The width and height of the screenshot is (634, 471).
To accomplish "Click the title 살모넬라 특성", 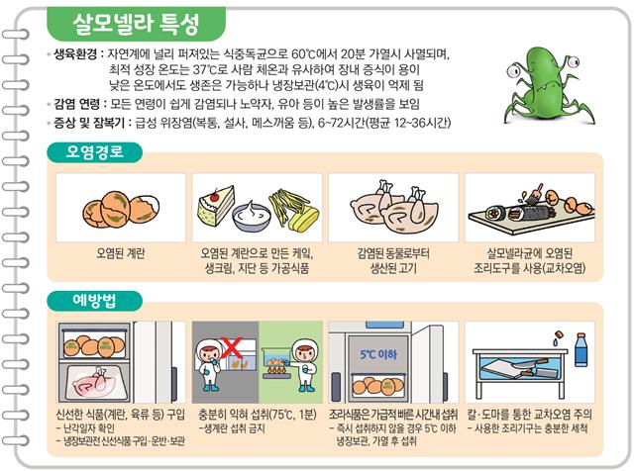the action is point(136,24).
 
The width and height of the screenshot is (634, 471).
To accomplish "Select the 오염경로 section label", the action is point(95,152).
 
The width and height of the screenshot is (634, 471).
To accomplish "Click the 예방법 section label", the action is point(94,301).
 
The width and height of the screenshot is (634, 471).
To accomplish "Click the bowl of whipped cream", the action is point(252,216).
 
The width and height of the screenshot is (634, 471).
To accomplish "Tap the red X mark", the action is point(232,347).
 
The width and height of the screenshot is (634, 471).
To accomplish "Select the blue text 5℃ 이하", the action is point(378,354).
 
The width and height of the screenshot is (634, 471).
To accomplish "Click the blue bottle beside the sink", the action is point(581,349).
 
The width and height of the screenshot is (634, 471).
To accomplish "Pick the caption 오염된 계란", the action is point(121,253).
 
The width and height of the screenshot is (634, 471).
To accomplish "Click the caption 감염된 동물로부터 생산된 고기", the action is point(393,261).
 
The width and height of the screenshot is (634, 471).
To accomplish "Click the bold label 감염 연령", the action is point(76,104).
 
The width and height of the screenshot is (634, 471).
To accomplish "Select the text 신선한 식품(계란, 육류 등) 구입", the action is point(121,414).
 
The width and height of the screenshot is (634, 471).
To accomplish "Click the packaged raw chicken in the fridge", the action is point(96,383).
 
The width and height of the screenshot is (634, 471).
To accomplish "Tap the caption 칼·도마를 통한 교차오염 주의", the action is point(530,414).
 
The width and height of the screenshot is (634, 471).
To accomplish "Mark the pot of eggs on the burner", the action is point(276,361).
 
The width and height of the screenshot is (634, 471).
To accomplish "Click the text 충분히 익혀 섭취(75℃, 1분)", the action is point(258,414).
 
